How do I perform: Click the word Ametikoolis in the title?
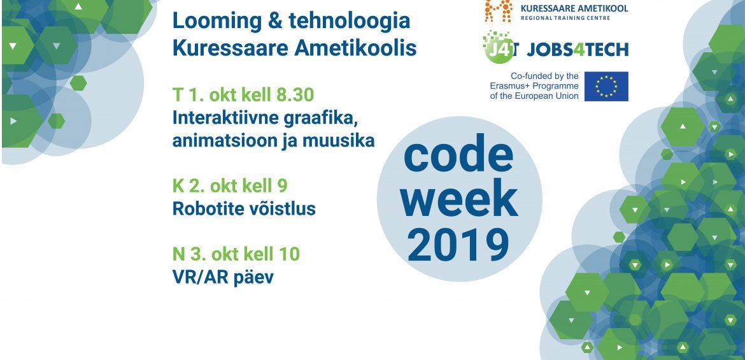coord(355,48)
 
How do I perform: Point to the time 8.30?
coord(295,95)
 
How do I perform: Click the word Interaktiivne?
coord(225,118)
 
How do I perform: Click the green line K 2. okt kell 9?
coord(230,186)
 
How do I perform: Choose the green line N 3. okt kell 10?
coord(236,254)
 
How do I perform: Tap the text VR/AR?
coord(198,277)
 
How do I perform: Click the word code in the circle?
coord(458,155)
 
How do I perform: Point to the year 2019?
coord(458,245)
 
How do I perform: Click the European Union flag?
coord(606,86)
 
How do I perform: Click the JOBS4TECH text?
coord(578,50)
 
